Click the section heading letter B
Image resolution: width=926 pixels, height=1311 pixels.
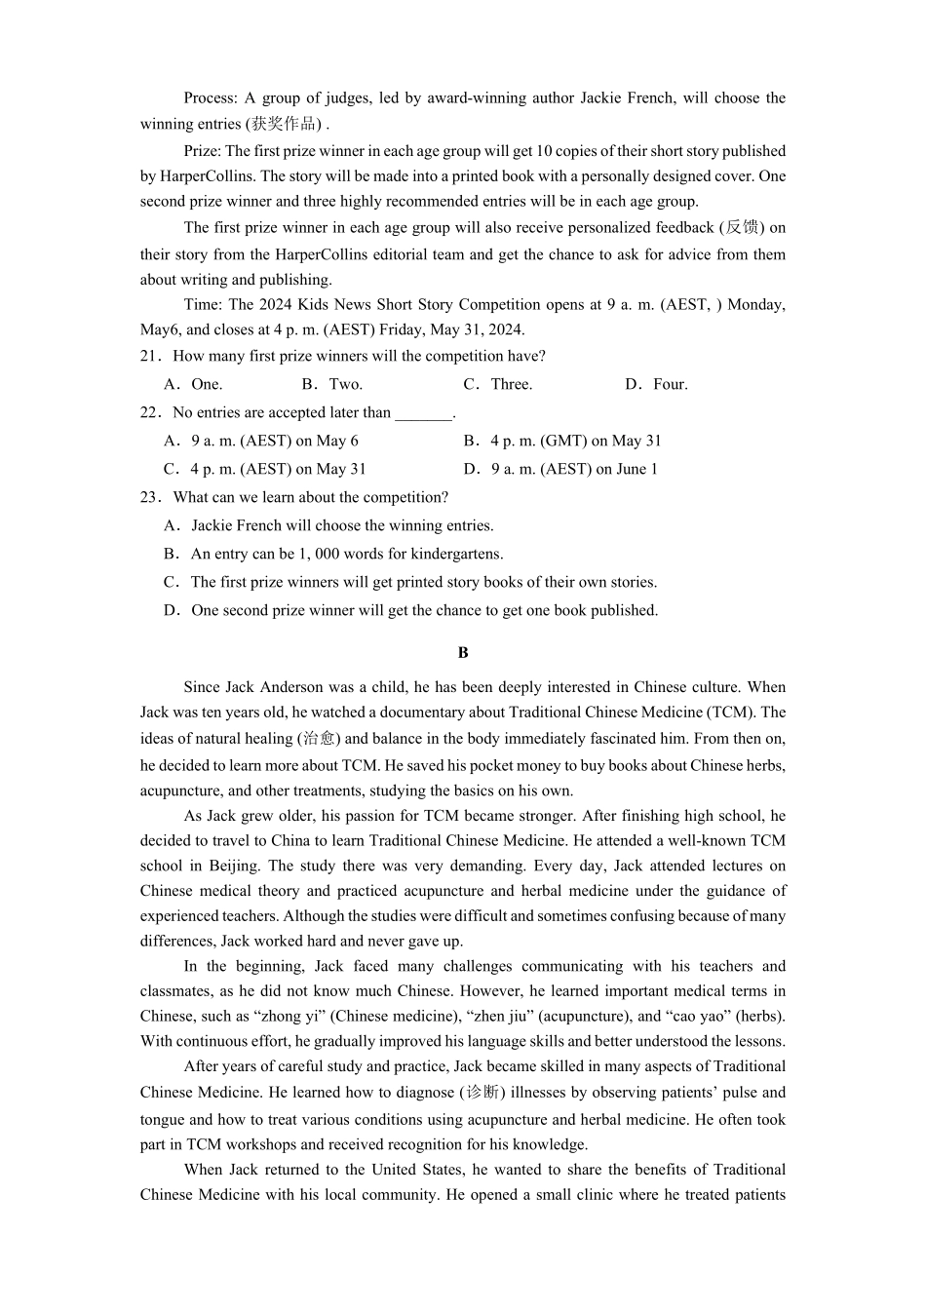coord(463,652)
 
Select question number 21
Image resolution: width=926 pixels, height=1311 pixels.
coord(150,356)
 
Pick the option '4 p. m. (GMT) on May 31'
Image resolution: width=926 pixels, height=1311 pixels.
coord(575,441)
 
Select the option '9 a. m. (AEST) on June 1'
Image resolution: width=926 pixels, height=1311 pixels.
coord(574,469)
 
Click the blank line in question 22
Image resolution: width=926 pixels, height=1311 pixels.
coord(424,414)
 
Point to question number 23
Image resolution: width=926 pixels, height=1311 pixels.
coord(150,497)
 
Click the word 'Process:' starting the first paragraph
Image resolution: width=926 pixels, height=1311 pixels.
coord(211,97)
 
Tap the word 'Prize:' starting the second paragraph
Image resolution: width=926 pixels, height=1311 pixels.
coord(203,151)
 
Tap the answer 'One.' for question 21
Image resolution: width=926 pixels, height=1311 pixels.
coord(207,384)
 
